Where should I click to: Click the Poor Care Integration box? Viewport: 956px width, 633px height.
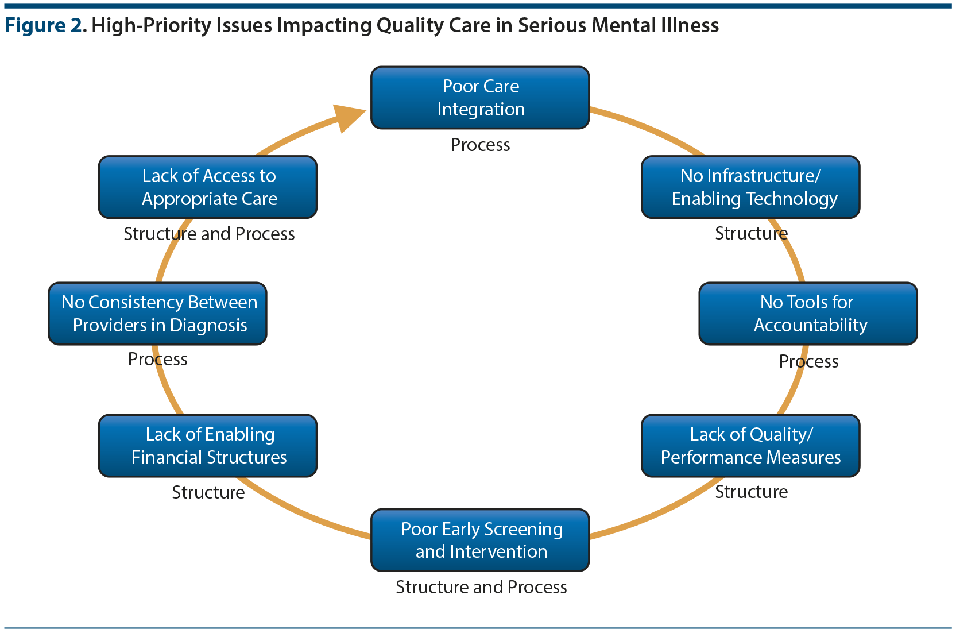(480, 98)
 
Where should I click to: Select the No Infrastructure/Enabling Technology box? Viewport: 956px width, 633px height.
(750, 187)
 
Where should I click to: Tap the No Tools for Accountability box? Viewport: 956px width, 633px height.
(808, 314)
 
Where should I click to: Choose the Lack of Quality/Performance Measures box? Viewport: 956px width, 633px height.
(750, 446)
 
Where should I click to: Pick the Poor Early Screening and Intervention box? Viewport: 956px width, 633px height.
(480, 540)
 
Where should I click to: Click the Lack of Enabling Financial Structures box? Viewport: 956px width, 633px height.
(208, 446)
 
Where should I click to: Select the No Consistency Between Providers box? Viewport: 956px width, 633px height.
(157, 314)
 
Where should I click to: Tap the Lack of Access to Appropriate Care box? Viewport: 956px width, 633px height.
(208, 187)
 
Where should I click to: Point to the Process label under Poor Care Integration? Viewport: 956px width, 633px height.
(480, 145)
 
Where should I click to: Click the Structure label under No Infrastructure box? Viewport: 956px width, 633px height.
(751, 234)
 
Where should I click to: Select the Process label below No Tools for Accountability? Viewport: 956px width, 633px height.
(808, 362)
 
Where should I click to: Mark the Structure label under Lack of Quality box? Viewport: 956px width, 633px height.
(751, 492)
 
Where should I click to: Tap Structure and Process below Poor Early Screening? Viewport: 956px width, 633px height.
(481, 588)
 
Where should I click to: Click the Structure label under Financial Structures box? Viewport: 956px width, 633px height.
(208, 493)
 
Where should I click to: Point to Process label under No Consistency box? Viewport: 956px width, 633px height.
(157, 360)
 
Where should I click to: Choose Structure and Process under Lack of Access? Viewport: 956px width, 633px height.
(209, 234)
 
